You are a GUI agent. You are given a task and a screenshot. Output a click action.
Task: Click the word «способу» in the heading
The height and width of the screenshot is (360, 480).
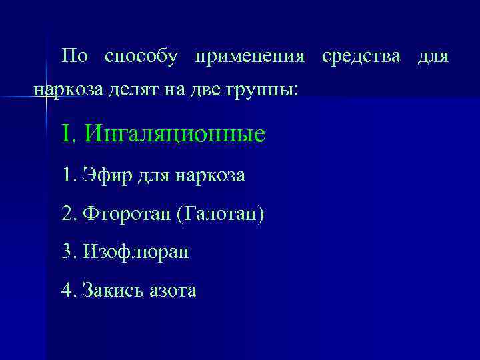click(141, 57)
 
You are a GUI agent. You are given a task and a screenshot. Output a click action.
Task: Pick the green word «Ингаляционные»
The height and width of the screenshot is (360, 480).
click(175, 134)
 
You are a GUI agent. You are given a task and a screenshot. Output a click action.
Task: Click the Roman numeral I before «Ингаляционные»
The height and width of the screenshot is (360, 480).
click(65, 133)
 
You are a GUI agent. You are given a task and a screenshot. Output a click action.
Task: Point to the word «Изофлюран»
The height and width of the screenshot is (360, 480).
click(136, 253)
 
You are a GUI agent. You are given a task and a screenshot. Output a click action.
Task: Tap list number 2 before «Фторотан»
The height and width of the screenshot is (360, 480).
click(67, 214)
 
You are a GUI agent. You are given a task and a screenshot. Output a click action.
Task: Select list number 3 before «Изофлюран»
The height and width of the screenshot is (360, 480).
click(67, 253)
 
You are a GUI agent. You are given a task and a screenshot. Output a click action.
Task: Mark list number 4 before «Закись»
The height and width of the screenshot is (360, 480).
click(67, 291)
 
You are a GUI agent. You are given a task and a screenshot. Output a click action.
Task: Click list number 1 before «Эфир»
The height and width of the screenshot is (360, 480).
click(67, 175)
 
